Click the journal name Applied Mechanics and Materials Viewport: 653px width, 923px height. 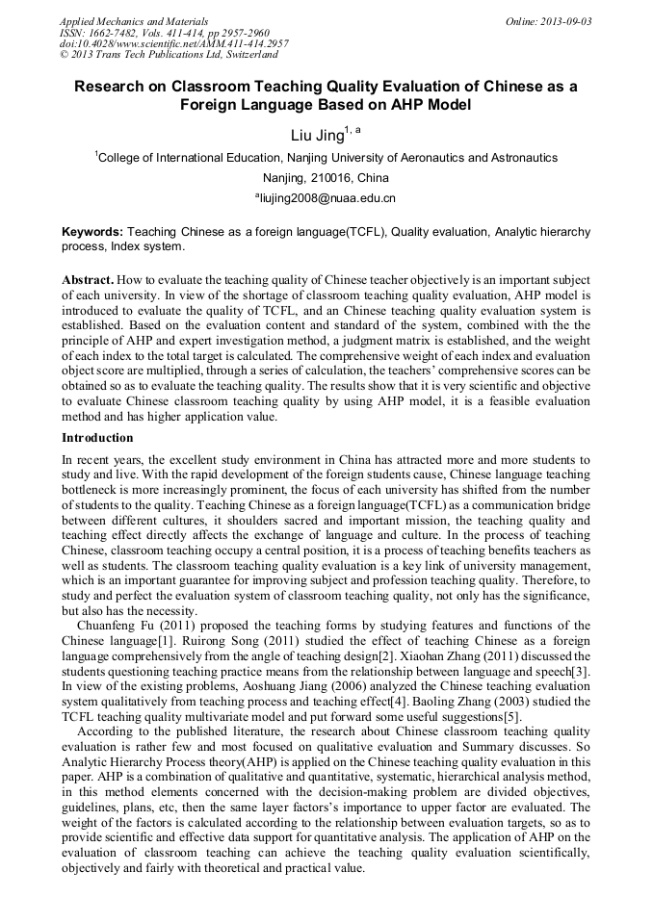click(x=133, y=20)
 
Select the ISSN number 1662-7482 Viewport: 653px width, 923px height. click(x=114, y=32)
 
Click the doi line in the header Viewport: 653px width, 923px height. click(x=173, y=43)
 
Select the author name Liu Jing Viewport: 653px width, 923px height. click(x=317, y=136)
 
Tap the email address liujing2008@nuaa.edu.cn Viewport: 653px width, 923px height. click(x=328, y=198)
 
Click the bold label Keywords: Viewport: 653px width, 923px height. click(x=92, y=232)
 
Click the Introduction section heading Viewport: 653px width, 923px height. click(x=97, y=438)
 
